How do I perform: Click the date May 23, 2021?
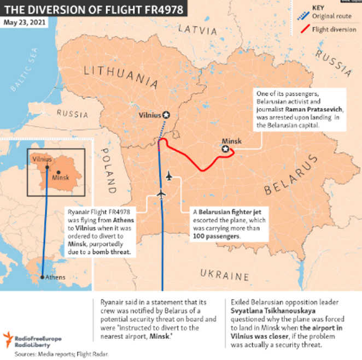(x=25, y=23)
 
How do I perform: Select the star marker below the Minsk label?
(x=225, y=149)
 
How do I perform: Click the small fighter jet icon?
(x=169, y=176)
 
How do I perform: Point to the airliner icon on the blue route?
(x=161, y=195)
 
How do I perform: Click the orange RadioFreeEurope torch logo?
(x=9, y=339)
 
